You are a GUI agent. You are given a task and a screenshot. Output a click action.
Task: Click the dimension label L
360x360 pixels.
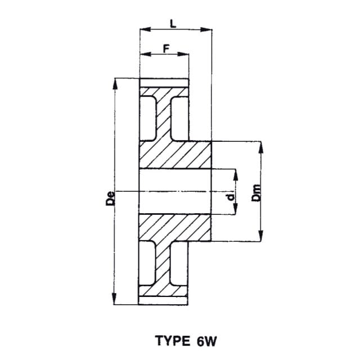pos(173,24)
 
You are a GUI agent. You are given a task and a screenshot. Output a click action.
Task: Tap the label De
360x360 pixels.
pos(110,198)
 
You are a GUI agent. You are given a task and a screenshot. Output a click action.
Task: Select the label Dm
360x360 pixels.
pos(256,193)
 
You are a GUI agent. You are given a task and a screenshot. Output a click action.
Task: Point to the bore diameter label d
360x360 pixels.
pos(231,197)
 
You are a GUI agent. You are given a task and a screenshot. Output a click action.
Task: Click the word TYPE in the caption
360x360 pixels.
pos(173,341)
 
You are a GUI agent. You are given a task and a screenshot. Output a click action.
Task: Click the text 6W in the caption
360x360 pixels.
pos(206,341)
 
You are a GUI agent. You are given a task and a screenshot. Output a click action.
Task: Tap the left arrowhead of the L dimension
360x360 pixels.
pos(145,29)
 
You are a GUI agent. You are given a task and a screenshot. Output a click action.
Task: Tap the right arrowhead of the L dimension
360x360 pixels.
pos(206,29)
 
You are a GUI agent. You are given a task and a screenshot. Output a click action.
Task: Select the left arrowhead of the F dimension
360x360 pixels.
pos(145,54)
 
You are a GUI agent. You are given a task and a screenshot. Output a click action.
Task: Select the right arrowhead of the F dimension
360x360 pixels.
pos(183,54)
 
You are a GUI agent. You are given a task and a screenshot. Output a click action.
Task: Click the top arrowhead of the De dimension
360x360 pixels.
pos(115,84)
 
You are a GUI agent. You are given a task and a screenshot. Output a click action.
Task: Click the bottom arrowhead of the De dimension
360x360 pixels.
pos(114,299)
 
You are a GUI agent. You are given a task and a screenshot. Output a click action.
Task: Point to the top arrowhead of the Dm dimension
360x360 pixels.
pos(261,147)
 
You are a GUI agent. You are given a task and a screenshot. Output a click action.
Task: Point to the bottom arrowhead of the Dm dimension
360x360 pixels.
pos(261,236)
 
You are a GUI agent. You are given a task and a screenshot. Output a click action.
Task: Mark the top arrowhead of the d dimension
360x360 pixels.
pos(235,175)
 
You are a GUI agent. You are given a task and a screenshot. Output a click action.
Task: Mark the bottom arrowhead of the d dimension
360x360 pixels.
pos(235,209)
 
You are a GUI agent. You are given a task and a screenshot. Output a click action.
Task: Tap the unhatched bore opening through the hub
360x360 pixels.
pos(175,191)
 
